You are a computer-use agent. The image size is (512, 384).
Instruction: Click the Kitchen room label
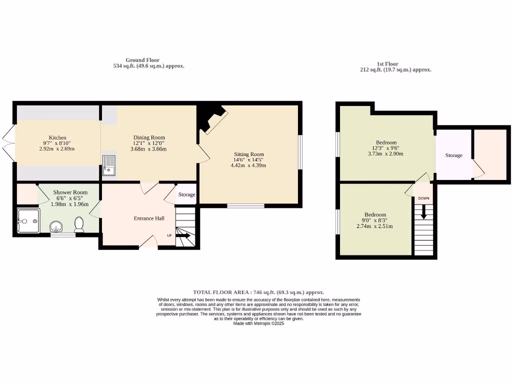point(57,138)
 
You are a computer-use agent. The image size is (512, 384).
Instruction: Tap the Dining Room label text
point(148,137)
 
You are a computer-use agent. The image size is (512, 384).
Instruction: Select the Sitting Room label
point(248,154)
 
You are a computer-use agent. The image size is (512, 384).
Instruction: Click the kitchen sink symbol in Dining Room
point(109,166)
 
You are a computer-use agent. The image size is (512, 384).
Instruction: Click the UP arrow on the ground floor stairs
point(182,235)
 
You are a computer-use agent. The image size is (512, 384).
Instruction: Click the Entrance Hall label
point(149,218)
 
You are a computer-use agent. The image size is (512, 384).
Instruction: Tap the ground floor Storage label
point(186,194)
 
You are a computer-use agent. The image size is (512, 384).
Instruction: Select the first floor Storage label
point(453,155)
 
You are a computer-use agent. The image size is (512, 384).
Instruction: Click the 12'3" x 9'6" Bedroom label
point(386,142)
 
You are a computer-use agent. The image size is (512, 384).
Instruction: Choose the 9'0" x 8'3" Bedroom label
point(374,214)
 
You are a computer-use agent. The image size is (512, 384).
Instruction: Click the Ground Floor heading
point(142,60)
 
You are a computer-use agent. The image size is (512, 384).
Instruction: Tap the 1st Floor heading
point(387,64)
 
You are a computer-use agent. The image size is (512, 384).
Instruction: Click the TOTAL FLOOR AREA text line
point(258,292)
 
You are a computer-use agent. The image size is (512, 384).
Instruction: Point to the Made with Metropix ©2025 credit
point(258,323)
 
